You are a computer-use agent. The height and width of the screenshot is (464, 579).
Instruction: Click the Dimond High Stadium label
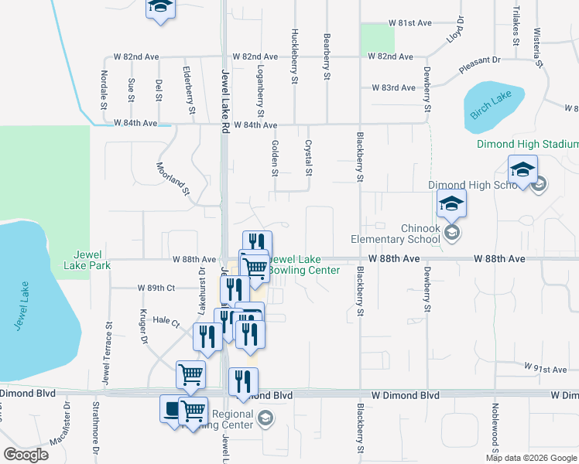click(527, 144)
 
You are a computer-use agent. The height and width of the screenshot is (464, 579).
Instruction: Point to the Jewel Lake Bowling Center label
click(304, 264)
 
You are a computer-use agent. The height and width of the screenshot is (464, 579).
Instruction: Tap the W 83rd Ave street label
click(393, 88)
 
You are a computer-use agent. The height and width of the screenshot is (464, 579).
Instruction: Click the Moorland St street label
click(173, 179)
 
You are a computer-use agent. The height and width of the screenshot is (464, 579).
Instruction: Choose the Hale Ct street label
click(166, 320)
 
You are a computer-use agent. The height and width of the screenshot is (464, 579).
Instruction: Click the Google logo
click(26, 455)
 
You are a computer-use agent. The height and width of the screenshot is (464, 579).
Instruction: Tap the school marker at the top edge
click(161, 8)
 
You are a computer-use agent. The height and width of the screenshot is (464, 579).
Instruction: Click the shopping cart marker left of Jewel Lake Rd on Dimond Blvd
click(190, 375)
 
